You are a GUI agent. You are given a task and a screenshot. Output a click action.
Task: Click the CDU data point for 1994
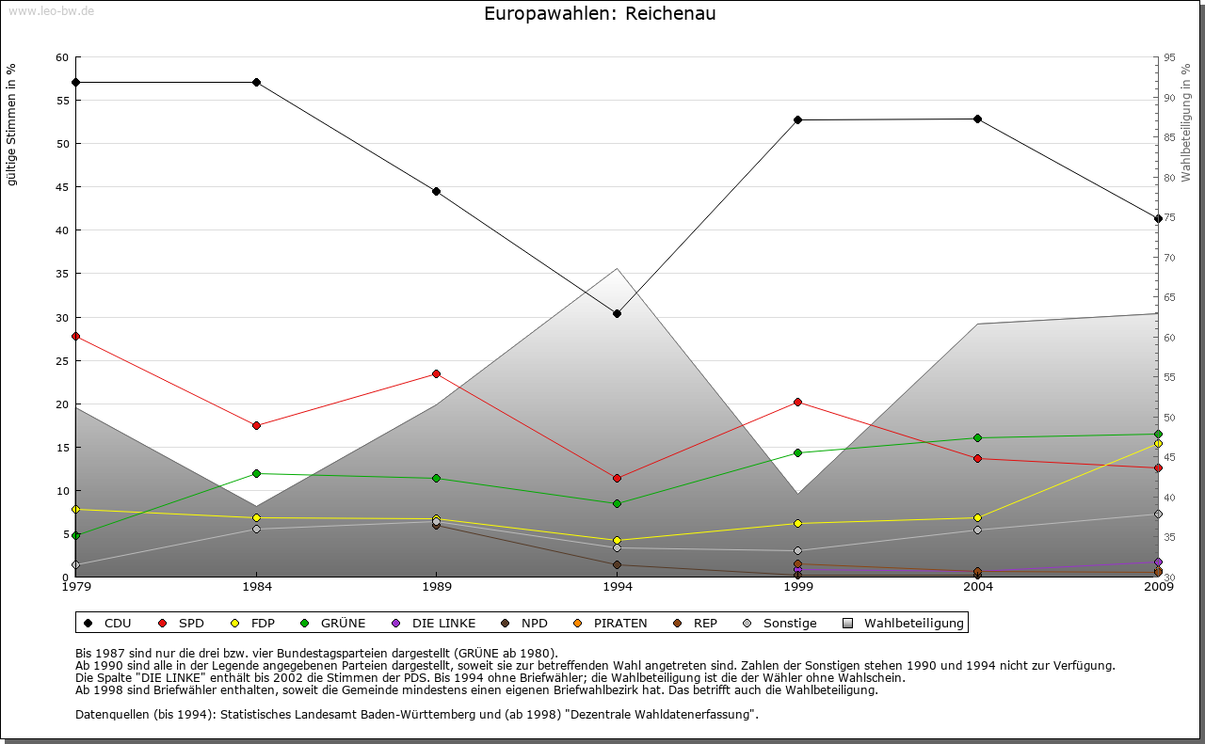pyautogui.click(x=618, y=313)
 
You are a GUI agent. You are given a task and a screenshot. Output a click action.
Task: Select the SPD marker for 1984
pyautogui.click(x=256, y=425)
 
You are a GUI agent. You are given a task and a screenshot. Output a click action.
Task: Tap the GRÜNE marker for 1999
pyautogui.click(x=797, y=452)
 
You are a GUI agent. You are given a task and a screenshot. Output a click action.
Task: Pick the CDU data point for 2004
pyautogui.click(x=978, y=119)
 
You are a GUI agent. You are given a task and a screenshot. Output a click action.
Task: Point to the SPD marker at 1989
pyautogui.click(x=437, y=373)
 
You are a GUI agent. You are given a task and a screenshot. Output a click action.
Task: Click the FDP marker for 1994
pyautogui.click(x=618, y=540)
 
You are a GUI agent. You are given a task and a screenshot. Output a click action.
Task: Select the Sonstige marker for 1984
pyautogui.click(x=256, y=529)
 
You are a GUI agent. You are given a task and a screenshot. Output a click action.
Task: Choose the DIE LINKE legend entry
pyautogui.click(x=433, y=623)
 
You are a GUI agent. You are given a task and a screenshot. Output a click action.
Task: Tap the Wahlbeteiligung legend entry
pyautogui.click(x=903, y=623)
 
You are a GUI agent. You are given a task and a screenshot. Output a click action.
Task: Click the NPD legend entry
pyautogui.click(x=527, y=623)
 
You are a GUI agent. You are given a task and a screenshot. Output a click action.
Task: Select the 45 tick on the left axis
pyautogui.click(x=62, y=187)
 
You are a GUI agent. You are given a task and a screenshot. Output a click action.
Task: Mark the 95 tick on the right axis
pyautogui.click(x=1169, y=57)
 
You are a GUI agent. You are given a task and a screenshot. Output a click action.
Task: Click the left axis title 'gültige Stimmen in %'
pyautogui.click(x=12, y=124)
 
